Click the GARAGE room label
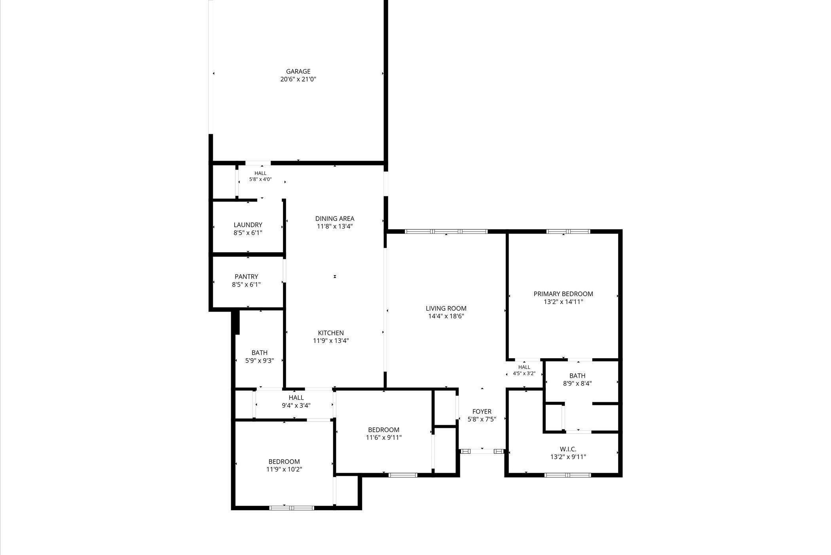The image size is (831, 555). click(x=298, y=72)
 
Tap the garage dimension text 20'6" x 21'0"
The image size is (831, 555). click(x=298, y=80)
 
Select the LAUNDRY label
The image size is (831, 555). click(x=248, y=225)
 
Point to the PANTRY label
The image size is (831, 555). click(x=246, y=277)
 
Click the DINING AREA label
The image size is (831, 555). click(x=335, y=219)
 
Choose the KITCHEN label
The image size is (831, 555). click(x=331, y=333)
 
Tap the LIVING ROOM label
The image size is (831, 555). click(x=446, y=308)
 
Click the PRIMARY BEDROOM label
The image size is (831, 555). click(x=563, y=294)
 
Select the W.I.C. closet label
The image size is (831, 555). click(x=568, y=449)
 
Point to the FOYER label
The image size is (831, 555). click(x=482, y=412)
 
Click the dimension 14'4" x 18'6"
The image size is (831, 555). click(x=446, y=316)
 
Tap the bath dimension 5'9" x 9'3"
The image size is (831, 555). click(x=260, y=361)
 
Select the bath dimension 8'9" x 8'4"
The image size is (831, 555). click(x=577, y=384)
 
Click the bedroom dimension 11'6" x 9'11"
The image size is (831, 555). click(x=384, y=438)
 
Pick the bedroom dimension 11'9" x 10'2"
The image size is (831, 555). click(x=284, y=469)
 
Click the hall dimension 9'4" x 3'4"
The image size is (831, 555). click(x=296, y=406)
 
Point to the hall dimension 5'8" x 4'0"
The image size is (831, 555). click(x=260, y=179)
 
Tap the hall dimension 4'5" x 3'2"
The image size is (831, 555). click(x=524, y=373)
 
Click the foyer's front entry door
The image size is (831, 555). click(x=482, y=451)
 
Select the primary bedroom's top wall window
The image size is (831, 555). click(x=568, y=232)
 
